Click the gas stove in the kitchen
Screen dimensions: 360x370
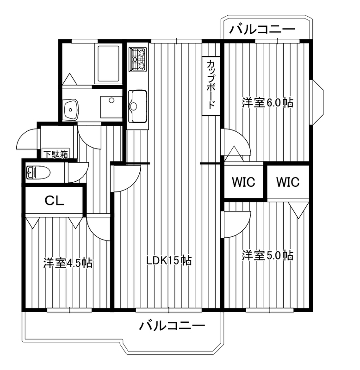click(137, 59)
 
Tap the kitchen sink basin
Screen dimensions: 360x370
click(137, 106)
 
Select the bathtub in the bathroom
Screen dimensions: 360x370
click(108, 63)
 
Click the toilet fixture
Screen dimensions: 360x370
click(39, 173)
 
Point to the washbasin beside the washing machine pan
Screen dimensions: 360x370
click(70, 109)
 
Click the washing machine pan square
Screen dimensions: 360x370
click(111, 107)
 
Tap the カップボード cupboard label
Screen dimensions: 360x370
click(211, 84)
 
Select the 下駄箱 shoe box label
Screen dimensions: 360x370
click(56, 154)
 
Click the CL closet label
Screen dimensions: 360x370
click(54, 201)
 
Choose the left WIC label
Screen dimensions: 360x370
click(243, 182)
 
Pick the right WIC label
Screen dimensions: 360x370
click(288, 182)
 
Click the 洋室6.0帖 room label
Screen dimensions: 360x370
click(267, 103)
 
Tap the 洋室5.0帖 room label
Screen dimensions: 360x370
click(267, 255)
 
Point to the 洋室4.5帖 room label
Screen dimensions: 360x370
click(68, 263)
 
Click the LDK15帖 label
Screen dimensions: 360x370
click(169, 260)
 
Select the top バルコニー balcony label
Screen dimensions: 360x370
click(262, 30)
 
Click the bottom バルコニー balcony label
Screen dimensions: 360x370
click(172, 326)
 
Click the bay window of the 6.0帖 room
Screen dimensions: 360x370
click(318, 102)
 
